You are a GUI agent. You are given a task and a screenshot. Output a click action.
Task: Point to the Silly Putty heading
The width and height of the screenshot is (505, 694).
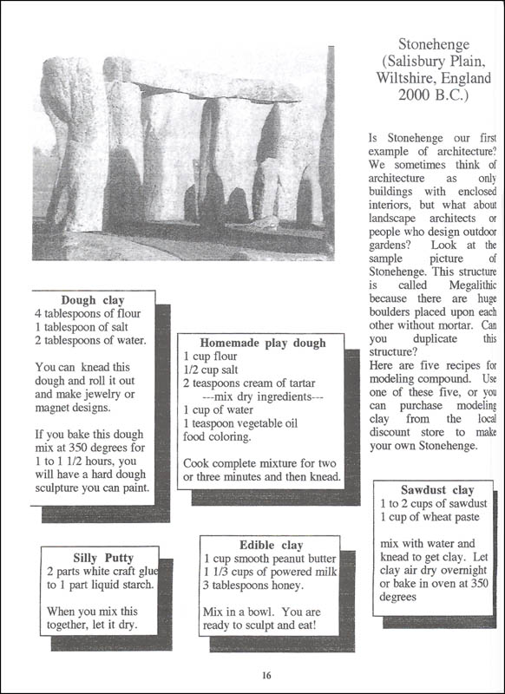[103, 557]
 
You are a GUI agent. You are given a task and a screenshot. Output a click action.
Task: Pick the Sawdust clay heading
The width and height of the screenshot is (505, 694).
[437, 489]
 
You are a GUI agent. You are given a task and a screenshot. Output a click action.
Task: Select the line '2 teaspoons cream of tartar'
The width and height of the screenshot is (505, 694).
[249, 383]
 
